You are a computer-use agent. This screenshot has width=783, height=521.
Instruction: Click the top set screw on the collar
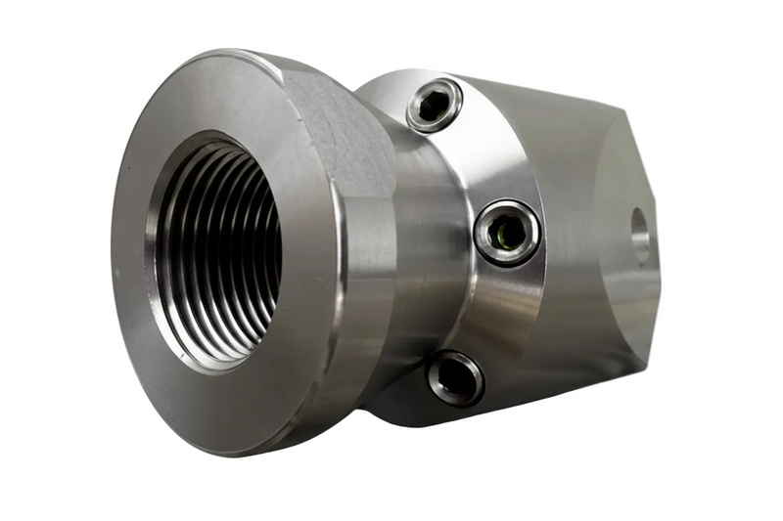[x=435, y=105]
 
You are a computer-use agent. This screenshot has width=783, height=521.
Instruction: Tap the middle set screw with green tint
[x=506, y=232]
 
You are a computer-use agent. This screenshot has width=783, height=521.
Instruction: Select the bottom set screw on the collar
[x=455, y=377]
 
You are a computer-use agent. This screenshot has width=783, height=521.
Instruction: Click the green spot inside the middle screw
[x=505, y=232]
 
